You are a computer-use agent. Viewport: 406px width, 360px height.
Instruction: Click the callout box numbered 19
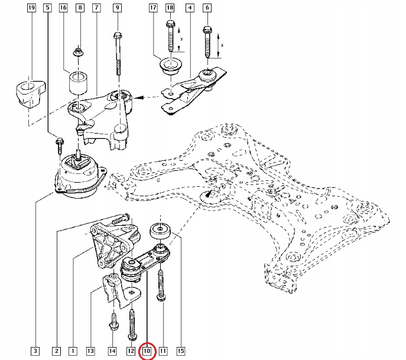click(x=31, y=8)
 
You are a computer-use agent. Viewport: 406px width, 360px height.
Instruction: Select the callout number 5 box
click(x=47, y=8)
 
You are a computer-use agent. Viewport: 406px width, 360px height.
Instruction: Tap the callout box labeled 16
click(x=64, y=8)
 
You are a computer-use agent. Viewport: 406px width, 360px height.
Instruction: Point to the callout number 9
click(x=117, y=8)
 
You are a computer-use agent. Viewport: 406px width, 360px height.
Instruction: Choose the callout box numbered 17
click(x=154, y=8)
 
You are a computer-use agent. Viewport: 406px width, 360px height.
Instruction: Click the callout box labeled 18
click(x=171, y=8)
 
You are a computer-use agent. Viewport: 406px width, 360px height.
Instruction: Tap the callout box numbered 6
click(x=207, y=8)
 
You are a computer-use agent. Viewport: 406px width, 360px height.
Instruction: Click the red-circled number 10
click(x=147, y=351)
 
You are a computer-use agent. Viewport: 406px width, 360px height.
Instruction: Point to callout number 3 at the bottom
click(x=36, y=351)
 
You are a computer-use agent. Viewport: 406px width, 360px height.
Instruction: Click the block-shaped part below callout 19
click(x=28, y=92)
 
